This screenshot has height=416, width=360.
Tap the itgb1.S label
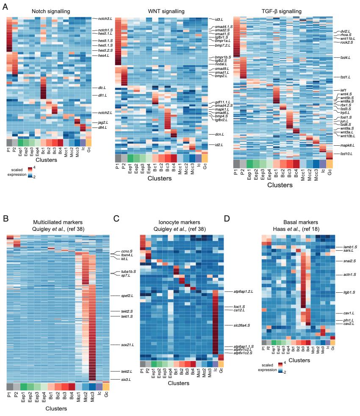pos(342,292)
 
